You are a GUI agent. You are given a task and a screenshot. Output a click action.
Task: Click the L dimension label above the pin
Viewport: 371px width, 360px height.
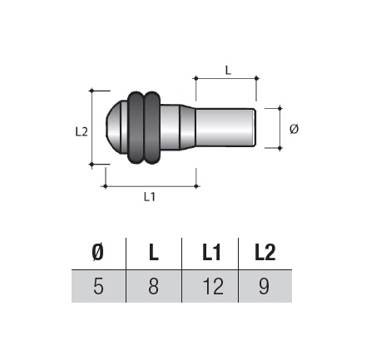click(228, 70)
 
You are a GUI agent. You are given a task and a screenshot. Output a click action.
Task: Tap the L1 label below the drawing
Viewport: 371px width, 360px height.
click(150, 197)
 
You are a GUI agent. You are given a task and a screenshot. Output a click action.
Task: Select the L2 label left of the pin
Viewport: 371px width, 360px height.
click(82, 131)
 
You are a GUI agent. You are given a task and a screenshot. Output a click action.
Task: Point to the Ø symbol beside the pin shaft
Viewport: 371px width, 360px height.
click(294, 129)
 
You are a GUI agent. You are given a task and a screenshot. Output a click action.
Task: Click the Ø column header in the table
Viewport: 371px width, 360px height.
click(98, 253)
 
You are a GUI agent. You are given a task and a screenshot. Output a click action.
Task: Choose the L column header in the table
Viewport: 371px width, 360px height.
click(153, 253)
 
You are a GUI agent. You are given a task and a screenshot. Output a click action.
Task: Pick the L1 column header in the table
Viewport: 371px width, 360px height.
click(211, 253)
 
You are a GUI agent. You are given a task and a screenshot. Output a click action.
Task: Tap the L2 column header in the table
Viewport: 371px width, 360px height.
click(265, 253)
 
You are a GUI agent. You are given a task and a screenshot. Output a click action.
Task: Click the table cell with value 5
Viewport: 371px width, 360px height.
click(98, 286)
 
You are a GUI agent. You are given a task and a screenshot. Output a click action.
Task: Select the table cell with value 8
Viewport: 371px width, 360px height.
click(154, 286)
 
